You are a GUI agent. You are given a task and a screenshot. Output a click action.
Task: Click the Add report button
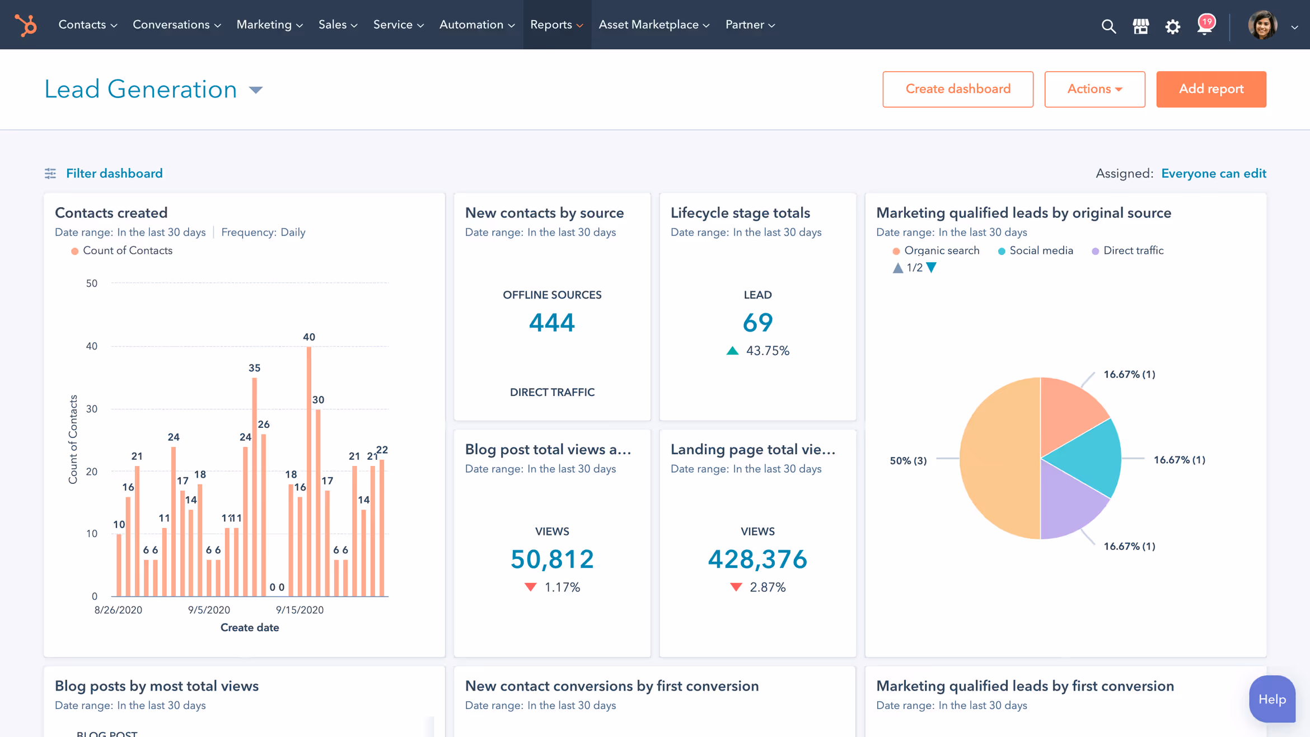pyautogui.click(x=1210, y=89)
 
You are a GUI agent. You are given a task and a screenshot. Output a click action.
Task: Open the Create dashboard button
pyautogui.click(x=957, y=89)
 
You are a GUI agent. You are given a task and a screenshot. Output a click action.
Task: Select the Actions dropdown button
pyautogui.click(x=1094, y=89)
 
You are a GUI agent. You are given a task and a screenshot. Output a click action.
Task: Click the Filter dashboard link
pyautogui.click(x=114, y=174)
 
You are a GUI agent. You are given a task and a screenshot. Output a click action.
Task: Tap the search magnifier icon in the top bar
pyautogui.click(x=1108, y=26)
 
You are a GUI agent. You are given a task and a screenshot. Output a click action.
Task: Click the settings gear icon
pyautogui.click(x=1172, y=26)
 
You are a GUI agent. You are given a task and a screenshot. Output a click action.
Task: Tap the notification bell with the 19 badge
pyautogui.click(x=1204, y=26)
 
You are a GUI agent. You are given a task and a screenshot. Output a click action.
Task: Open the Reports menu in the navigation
pyautogui.click(x=556, y=25)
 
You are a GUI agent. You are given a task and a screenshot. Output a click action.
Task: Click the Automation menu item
pyautogui.click(x=476, y=25)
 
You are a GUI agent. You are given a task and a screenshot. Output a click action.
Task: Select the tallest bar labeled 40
pyautogui.click(x=308, y=470)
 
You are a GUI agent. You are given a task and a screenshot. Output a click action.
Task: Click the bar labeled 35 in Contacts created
pyautogui.click(x=254, y=487)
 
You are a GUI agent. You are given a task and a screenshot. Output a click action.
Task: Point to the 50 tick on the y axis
pyautogui.click(x=92, y=283)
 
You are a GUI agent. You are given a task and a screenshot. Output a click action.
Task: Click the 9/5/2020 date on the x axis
pyautogui.click(x=209, y=610)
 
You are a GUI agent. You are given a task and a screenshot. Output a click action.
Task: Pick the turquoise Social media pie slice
pyautogui.click(x=1086, y=456)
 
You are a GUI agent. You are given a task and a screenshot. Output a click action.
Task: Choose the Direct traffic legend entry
pyautogui.click(x=1132, y=251)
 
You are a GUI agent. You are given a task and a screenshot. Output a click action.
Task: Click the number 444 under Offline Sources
pyautogui.click(x=551, y=323)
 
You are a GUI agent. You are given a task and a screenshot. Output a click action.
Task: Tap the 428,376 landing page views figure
pyautogui.click(x=757, y=559)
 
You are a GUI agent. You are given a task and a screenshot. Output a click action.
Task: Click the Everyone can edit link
pyautogui.click(x=1213, y=174)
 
